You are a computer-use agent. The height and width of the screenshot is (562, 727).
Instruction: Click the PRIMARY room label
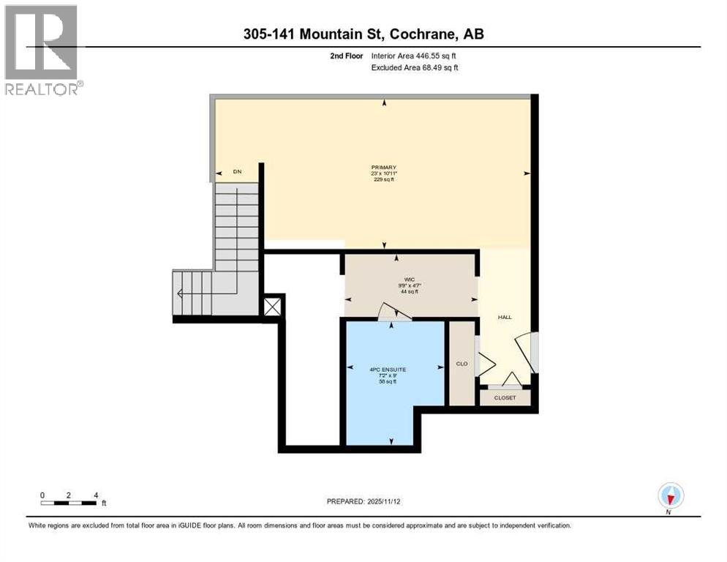(x=383, y=168)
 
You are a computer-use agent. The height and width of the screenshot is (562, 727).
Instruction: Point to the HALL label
(x=505, y=317)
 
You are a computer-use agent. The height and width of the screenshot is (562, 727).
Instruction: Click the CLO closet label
(x=462, y=363)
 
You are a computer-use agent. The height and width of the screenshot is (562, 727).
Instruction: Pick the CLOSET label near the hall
(x=505, y=398)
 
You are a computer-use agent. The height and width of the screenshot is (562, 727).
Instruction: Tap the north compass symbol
(x=670, y=495)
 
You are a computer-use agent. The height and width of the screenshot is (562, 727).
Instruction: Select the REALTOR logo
(x=42, y=50)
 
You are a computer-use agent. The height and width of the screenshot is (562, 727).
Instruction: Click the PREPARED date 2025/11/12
(x=392, y=501)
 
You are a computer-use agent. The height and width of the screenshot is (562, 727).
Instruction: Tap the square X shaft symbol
(x=272, y=305)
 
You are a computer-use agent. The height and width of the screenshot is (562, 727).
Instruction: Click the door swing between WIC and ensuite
(x=393, y=312)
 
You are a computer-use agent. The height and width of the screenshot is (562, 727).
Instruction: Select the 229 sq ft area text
(x=383, y=180)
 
